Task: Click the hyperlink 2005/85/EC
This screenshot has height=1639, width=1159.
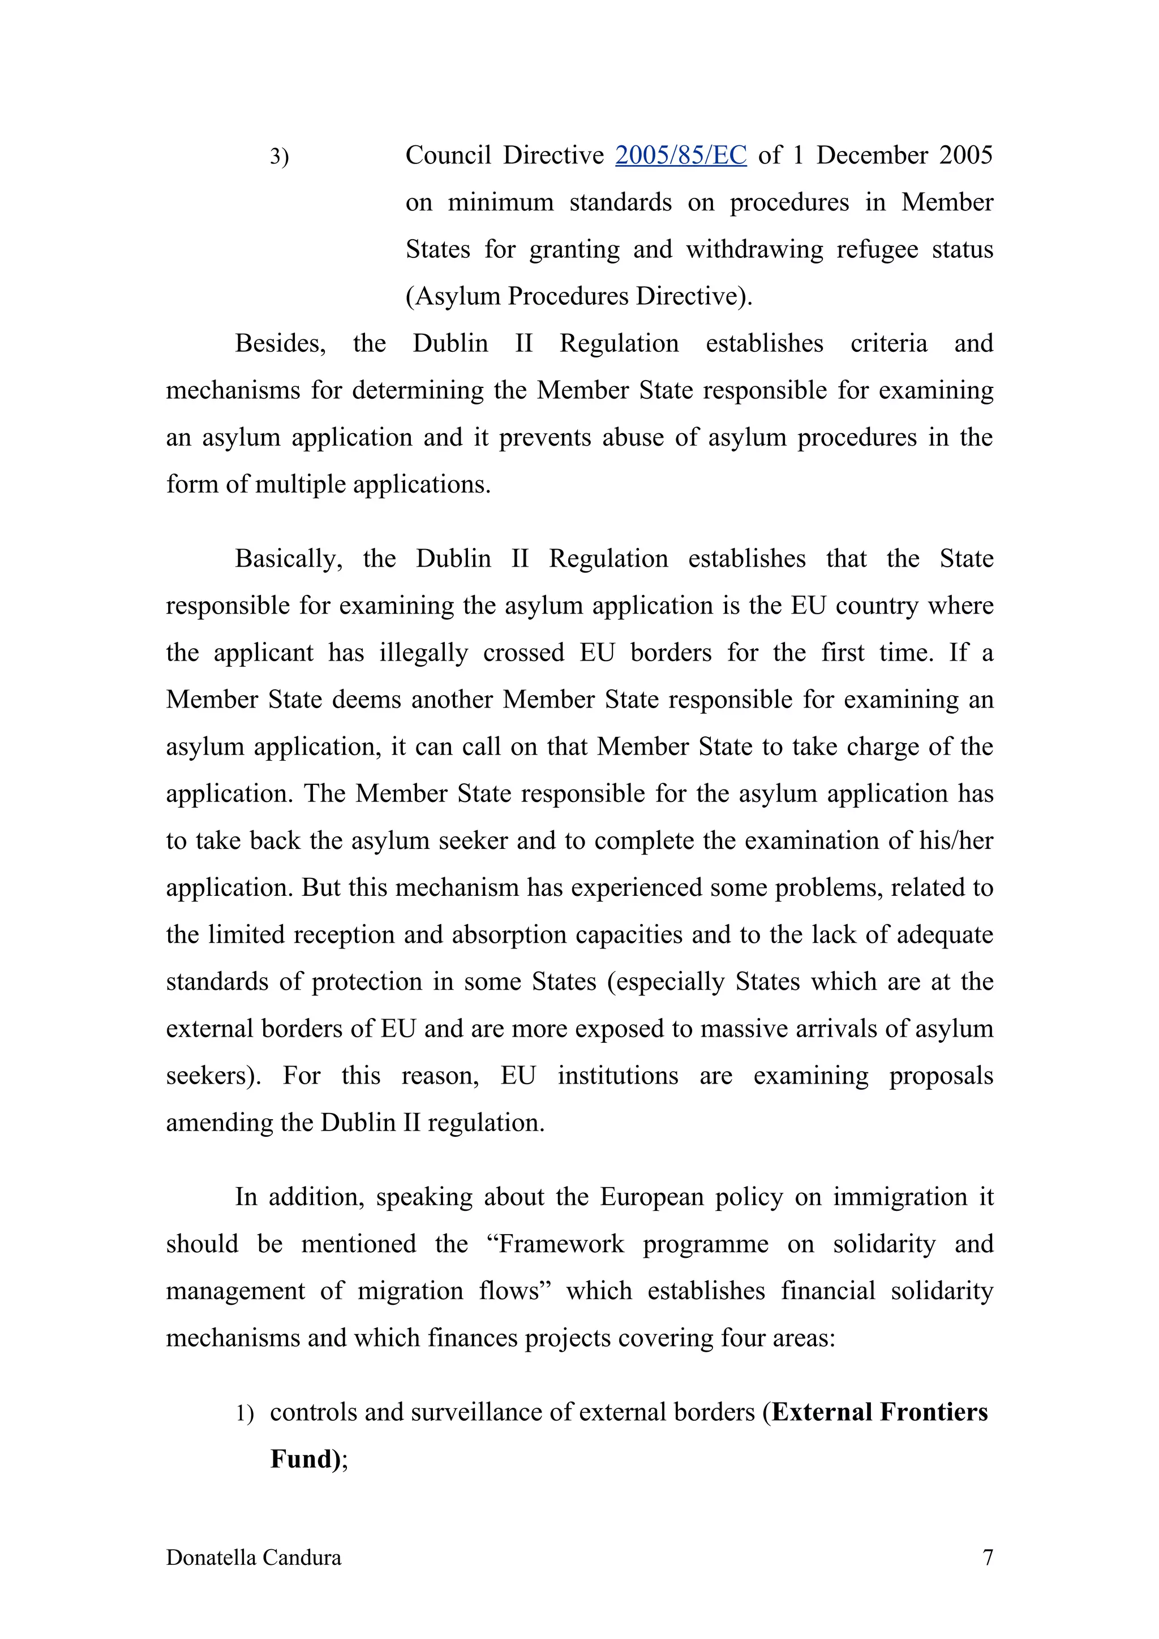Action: tap(681, 155)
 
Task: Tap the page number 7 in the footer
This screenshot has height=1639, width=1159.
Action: tap(988, 1557)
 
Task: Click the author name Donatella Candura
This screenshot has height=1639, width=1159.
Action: tap(254, 1557)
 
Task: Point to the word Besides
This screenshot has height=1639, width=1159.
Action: tap(280, 343)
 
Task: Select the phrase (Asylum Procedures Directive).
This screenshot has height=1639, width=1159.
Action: tap(578, 296)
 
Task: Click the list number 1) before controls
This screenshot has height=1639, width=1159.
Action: tap(245, 1413)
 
